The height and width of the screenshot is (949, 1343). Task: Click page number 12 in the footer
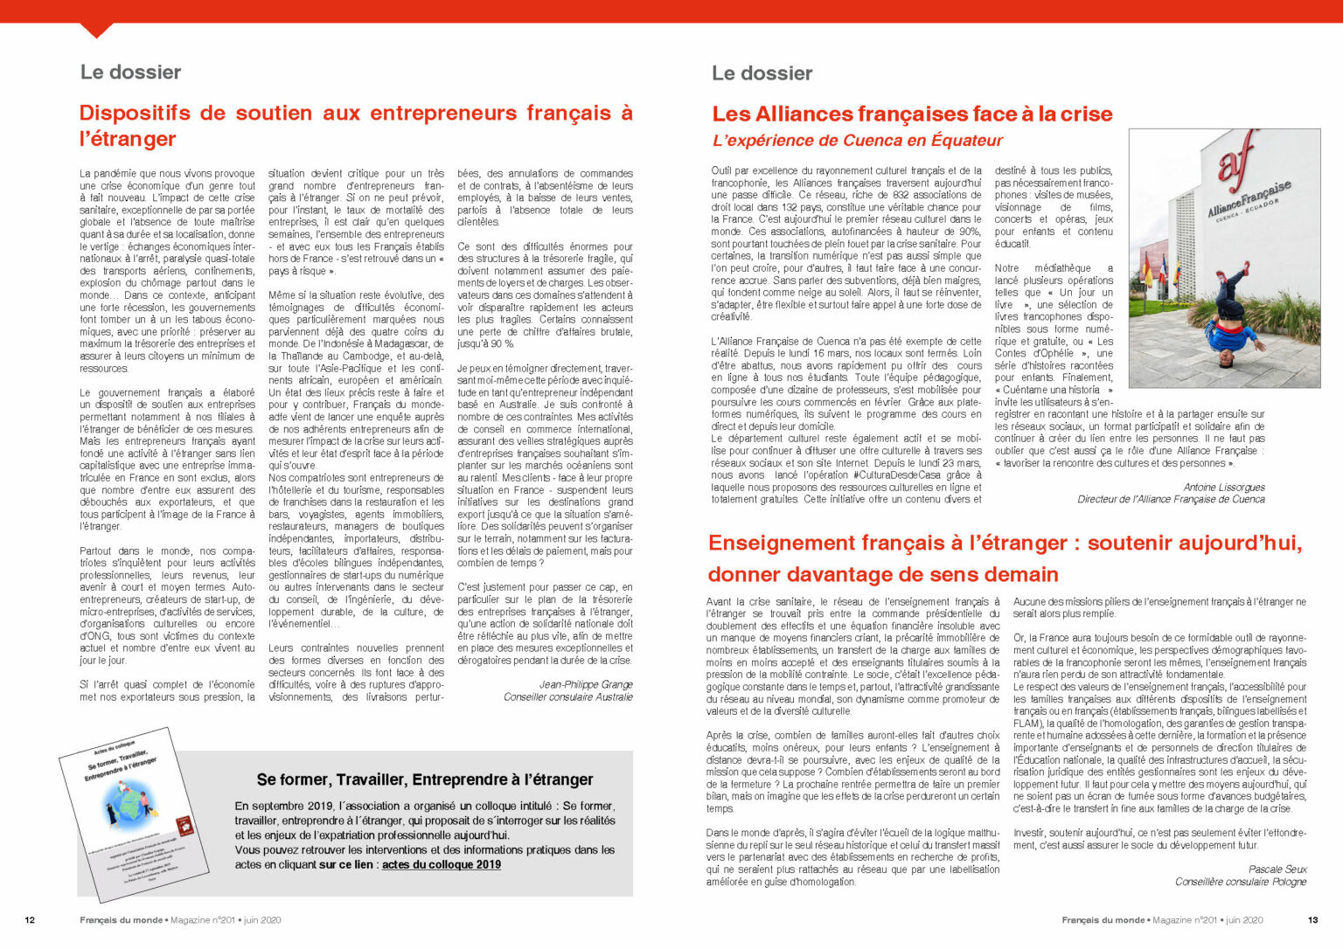click(30, 920)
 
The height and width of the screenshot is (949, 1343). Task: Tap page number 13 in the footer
click(1312, 920)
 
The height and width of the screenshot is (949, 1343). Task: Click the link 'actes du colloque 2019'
click(442, 864)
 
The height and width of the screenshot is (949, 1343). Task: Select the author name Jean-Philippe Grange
click(586, 684)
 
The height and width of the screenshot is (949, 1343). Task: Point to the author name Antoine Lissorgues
click(1224, 487)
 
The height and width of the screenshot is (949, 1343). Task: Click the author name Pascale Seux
click(1277, 869)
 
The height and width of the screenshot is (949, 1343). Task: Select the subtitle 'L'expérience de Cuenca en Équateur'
click(858, 141)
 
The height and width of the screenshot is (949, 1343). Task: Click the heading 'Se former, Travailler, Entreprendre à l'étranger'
click(425, 779)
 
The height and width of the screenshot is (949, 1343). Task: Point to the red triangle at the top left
click(96, 30)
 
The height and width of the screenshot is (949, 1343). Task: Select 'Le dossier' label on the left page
click(130, 73)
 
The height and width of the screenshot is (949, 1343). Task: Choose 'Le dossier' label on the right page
click(762, 73)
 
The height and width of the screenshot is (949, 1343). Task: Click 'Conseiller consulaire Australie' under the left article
click(567, 696)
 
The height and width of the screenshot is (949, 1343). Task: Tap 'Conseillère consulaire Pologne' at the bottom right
click(1240, 882)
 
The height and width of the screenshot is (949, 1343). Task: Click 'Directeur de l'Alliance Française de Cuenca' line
click(1171, 499)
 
